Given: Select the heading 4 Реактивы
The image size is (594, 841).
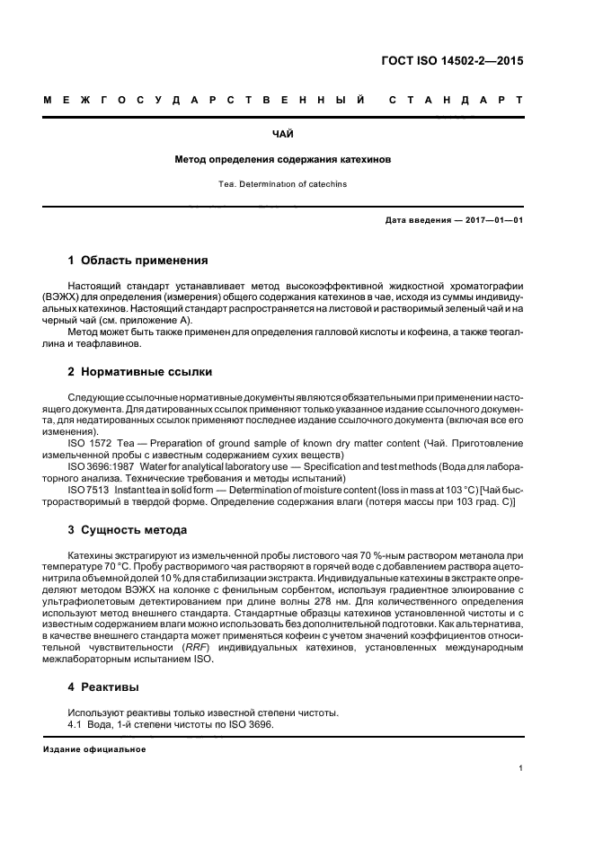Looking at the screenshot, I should point(103,687).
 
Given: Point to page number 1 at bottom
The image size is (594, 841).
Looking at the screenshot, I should point(520,769).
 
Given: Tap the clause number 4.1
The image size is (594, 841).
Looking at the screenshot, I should point(76,724).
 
